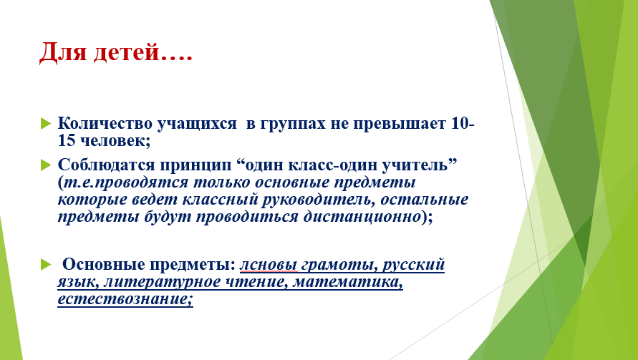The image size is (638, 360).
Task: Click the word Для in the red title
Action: click(63, 52)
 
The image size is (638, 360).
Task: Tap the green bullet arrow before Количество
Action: click(46, 123)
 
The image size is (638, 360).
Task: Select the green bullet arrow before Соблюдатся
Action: click(46, 165)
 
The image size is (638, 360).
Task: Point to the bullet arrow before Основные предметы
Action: click(46, 265)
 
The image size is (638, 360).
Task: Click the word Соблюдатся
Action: click(106, 165)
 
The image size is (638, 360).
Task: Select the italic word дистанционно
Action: click(362, 217)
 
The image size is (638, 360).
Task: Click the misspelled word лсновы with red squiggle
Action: click(269, 265)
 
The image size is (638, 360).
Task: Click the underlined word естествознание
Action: click(125, 299)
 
